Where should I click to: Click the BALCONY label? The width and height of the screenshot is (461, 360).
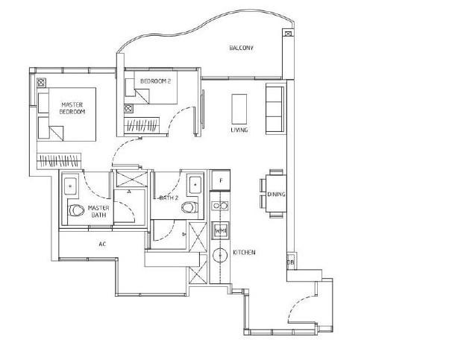click(x=242, y=48)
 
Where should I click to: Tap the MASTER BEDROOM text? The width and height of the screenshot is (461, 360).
click(x=72, y=107)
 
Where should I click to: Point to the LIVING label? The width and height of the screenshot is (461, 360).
click(x=239, y=130)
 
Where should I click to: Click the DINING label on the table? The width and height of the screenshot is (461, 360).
click(x=276, y=195)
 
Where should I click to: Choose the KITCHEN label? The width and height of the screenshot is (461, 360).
click(x=245, y=253)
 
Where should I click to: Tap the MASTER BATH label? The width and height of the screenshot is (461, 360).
click(x=98, y=211)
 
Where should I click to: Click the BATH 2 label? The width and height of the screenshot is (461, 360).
click(x=168, y=198)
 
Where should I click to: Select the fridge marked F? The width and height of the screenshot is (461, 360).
click(x=220, y=180)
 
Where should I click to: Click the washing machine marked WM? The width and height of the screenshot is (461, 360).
click(x=220, y=231)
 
